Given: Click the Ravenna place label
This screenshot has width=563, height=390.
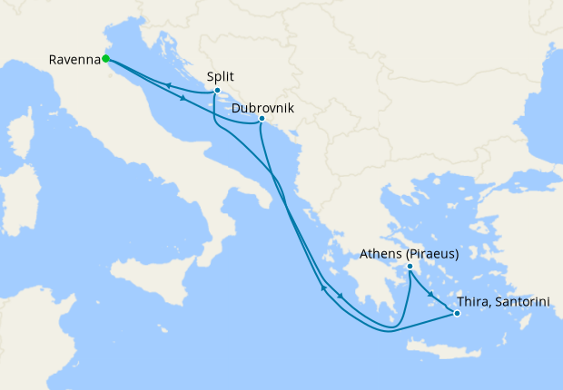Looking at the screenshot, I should tap(74, 60).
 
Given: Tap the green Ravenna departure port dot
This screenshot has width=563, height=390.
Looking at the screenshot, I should tap(106, 59).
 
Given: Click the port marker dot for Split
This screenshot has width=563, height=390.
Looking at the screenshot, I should tap(217, 91).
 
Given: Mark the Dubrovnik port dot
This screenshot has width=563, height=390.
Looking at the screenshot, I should tap(262, 119).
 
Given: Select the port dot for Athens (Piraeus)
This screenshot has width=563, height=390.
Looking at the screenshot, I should tap(410, 267).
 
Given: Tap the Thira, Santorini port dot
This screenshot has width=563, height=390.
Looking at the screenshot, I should tap(457, 314).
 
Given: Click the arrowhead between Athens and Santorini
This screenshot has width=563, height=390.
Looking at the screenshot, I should tap(430, 291).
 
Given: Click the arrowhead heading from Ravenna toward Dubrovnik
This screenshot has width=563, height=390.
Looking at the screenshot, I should tap(183, 99).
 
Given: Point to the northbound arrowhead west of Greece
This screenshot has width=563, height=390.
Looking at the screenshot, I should tap(323, 290).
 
